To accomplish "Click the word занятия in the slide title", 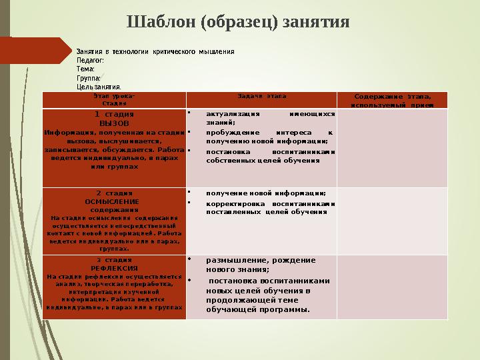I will pyautogui.click(x=315, y=21).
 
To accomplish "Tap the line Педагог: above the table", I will pyautogui.click(x=91, y=60).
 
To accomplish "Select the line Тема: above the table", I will pyautogui.click(x=86, y=69).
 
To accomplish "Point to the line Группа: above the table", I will pyautogui.click(x=89, y=77).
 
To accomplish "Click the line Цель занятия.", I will pyautogui.click(x=99, y=87).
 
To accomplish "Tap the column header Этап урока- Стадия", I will pyautogui.click(x=114, y=100).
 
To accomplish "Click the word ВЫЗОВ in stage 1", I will pyautogui.click(x=114, y=123).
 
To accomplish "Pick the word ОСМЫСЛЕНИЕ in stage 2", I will pyautogui.click(x=113, y=201).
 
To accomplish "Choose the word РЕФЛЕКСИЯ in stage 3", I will pyautogui.click(x=114, y=267).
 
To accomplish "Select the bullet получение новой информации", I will pyautogui.click(x=266, y=193).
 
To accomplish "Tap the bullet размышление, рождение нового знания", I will pyautogui.click(x=261, y=265).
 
